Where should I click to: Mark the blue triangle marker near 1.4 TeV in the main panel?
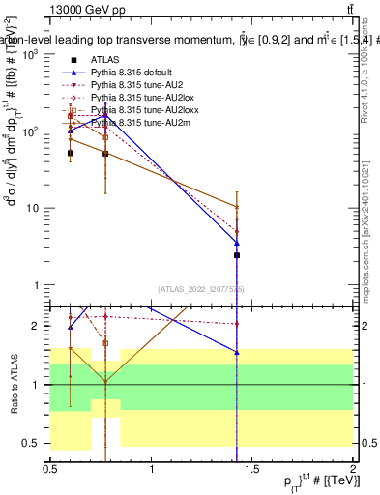pyautogui.click(x=237, y=242)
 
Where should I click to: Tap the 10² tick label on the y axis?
pyautogui.click(x=32, y=131)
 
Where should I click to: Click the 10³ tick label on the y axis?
pyautogui.click(x=32, y=54)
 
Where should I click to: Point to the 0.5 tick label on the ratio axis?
pyautogui.click(x=35, y=443)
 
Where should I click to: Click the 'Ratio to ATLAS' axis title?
pyautogui.click(x=15, y=384)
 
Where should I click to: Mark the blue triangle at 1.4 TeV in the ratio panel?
pyautogui.click(x=237, y=353)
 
